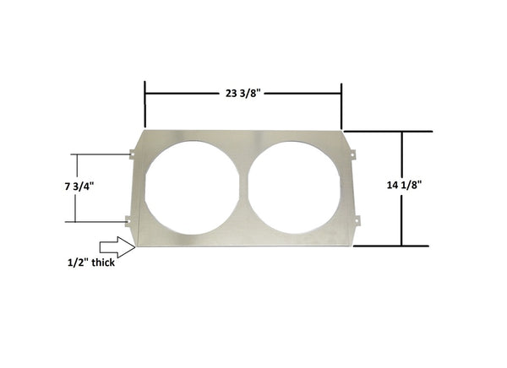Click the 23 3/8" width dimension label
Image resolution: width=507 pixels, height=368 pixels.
pyautogui.click(x=243, y=94)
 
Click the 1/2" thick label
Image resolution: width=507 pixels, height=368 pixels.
pyautogui.click(x=91, y=262)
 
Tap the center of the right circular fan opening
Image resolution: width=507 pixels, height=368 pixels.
pyautogui.click(x=295, y=187)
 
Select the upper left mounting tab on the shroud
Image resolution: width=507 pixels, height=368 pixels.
pyautogui.click(x=132, y=153)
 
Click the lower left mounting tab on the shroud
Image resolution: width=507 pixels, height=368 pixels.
pyautogui.click(x=129, y=221)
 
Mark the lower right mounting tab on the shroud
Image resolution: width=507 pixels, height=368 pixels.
pyautogui.click(x=357, y=221)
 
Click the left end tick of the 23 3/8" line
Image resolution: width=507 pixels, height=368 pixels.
pyautogui.click(x=145, y=94)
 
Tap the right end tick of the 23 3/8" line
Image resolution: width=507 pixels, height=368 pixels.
pyautogui.click(x=341, y=94)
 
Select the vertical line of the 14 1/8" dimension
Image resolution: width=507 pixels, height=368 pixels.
pyautogui.click(x=402, y=188)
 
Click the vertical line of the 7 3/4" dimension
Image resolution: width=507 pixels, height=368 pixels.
pyautogui.click(x=75, y=188)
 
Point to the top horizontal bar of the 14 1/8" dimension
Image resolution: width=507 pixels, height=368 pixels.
pyautogui.click(x=389, y=132)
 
